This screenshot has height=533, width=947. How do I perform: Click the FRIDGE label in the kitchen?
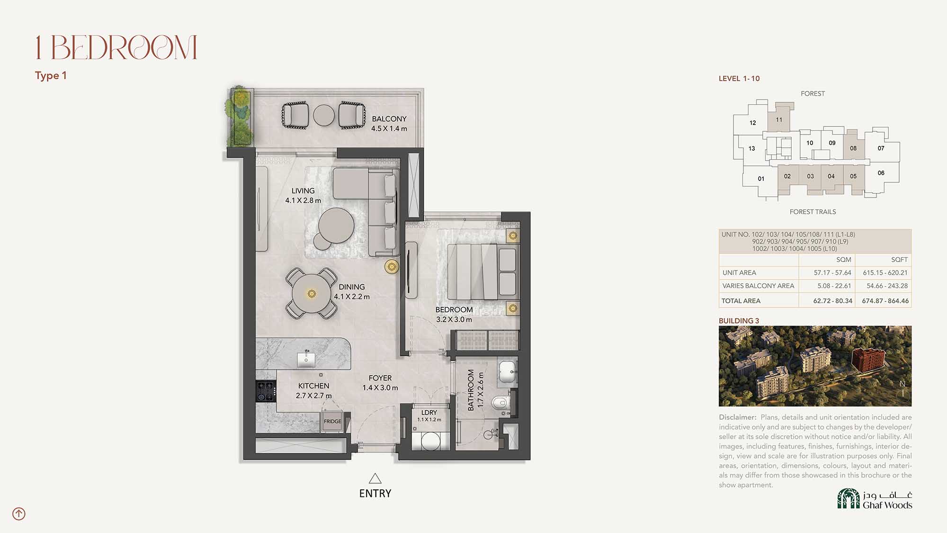coord(332,421)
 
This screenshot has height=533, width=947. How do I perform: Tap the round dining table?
coord(312,294)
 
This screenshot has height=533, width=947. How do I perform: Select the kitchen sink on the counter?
coord(306,360)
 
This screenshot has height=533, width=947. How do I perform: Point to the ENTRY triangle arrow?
coord(375,478)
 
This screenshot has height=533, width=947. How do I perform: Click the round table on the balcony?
coord(324,115)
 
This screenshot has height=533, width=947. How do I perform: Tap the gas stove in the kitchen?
coord(266,391)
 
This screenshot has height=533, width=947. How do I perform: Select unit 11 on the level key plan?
coord(779,120)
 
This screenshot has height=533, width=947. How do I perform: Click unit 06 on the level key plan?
coord(881,173)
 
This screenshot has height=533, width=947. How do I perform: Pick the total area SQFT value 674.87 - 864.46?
coord(885,301)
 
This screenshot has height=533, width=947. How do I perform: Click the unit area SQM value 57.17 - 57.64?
coord(832,273)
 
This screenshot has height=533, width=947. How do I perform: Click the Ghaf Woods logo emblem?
coord(849,498)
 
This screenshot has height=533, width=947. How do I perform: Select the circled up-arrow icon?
coord(19,514)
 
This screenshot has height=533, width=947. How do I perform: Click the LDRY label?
coord(429,413)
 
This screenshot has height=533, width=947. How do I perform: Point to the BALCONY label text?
coord(389,119)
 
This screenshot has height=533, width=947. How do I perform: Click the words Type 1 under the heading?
coord(51,76)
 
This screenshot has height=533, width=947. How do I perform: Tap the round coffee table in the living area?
coord(336,226)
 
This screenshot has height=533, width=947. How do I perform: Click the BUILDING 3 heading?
coord(739,321)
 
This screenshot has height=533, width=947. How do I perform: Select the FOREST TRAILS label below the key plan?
coord(813,212)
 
